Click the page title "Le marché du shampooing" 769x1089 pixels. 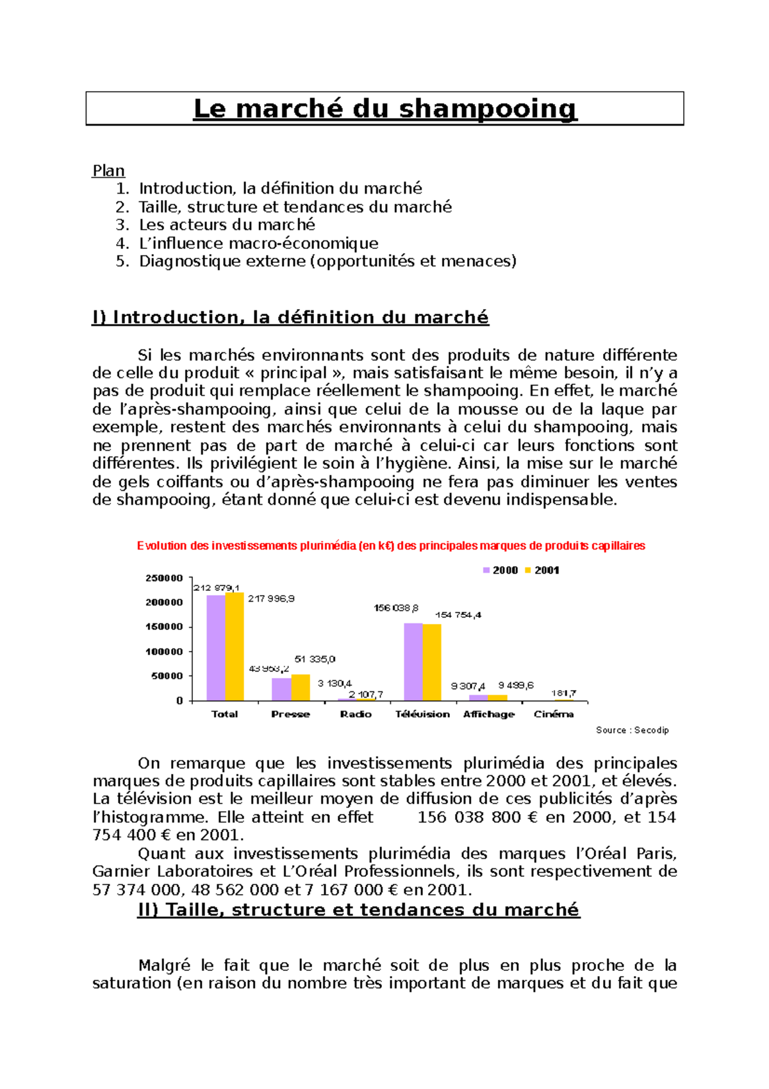(x=385, y=108)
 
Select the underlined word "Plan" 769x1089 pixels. (x=108, y=171)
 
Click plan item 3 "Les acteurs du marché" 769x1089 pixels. (x=227, y=225)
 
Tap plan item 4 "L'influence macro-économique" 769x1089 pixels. (x=258, y=244)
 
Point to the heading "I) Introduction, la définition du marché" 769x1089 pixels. (x=290, y=317)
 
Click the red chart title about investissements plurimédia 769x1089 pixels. (x=391, y=546)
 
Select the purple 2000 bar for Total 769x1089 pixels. (x=216, y=648)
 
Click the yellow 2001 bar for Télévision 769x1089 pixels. (x=432, y=662)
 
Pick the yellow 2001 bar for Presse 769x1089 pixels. (x=301, y=688)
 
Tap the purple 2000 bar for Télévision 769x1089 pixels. (x=413, y=662)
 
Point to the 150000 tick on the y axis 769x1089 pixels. (x=164, y=627)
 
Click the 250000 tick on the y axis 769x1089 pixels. (x=164, y=578)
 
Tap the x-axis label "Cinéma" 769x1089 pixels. (x=554, y=714)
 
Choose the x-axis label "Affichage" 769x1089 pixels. (x=489, y=714)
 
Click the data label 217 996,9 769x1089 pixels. (x=271, y=598)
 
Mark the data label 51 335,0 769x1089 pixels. (x=315, y=659)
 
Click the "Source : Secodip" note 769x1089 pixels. (x=632, y=730)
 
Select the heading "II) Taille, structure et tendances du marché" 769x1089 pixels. (x=359, y=910)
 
